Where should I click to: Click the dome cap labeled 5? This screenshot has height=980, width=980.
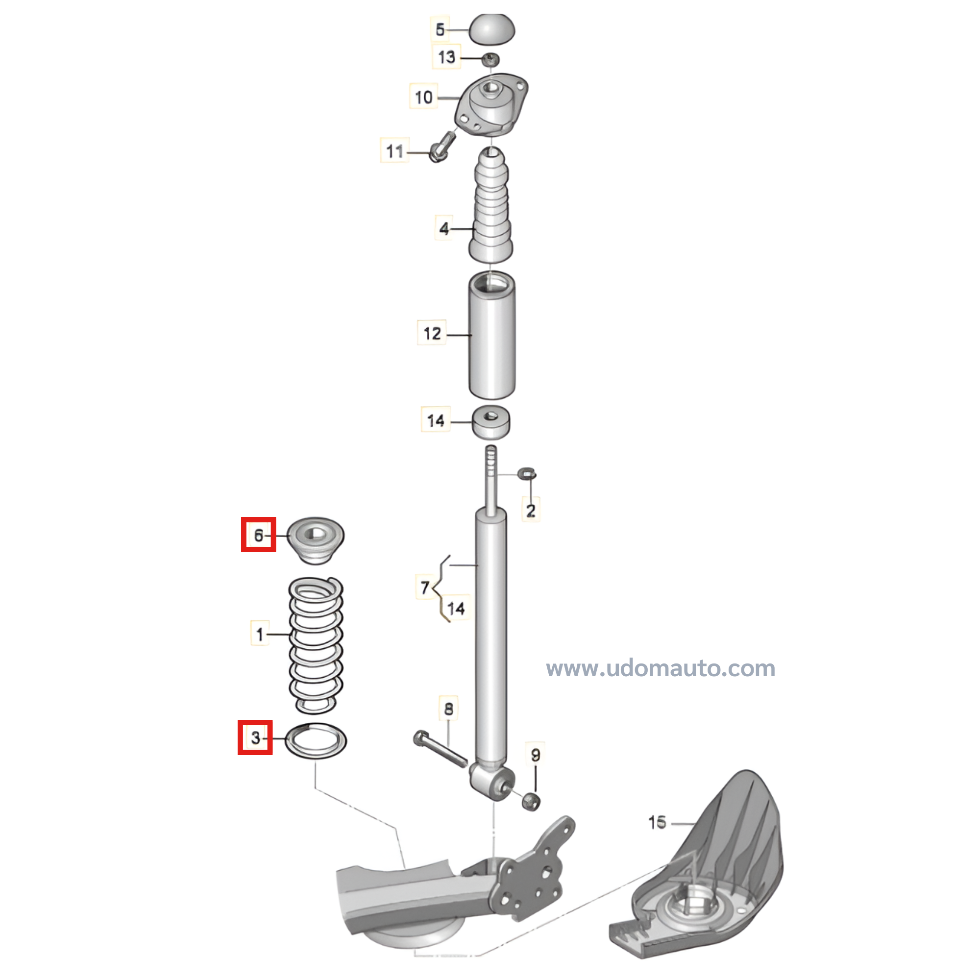tap(491, 29)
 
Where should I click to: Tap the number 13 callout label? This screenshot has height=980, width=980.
tap(446, 57)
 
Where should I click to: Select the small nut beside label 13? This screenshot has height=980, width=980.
tap(490, 60)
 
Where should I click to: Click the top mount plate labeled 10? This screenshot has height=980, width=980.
tap(491, 104)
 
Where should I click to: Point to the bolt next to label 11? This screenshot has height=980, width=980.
tap(442, 146)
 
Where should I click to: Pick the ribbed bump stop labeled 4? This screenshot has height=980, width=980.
tap(490, 205)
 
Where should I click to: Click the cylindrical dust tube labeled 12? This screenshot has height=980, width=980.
tap(491, 336)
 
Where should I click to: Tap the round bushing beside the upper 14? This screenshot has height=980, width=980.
tap(491, 421)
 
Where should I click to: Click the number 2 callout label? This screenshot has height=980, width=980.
tap(531, 510)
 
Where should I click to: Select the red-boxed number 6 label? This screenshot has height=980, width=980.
tap(258, 535)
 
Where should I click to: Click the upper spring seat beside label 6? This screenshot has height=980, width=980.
tap(316, 539)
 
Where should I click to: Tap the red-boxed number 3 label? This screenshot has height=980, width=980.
tap(255, 737)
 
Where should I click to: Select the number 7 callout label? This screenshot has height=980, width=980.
tap(425, 588)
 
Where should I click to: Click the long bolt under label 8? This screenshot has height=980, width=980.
tap(441, 749)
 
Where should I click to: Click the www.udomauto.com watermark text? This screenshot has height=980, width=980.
tap(661, 668)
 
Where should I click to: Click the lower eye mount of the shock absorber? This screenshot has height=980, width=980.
tap(491, 781)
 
